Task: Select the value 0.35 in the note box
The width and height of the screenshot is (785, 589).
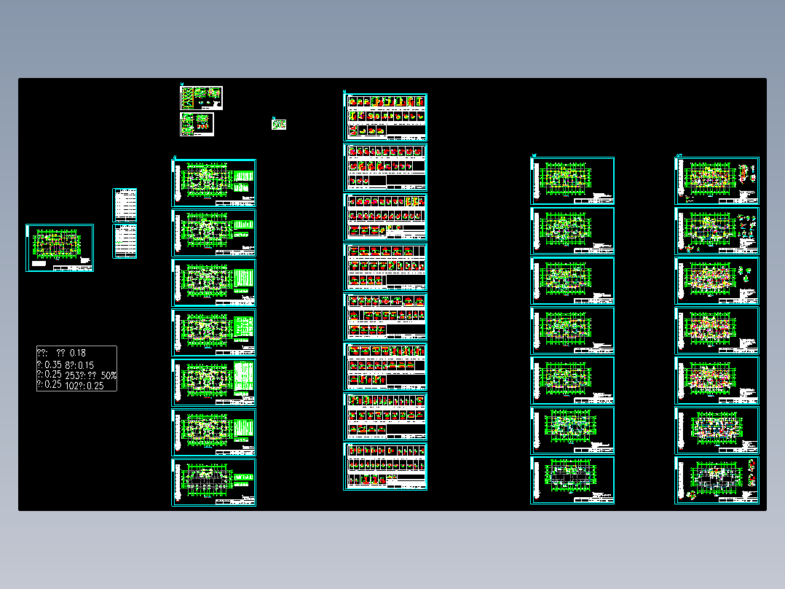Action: pos(52,364)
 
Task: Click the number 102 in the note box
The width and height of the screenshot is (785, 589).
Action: pos(72,386)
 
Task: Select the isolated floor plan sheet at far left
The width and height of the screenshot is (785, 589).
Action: pos(60,248)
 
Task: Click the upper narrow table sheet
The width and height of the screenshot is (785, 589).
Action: pos(125,205)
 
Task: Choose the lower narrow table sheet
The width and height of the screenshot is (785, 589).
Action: pos(125,241)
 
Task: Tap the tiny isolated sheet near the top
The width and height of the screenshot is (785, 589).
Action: pos(279,125)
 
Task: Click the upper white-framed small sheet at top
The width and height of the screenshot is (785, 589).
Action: pos(201,98)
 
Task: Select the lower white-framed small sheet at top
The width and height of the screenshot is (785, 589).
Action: pos(198,124)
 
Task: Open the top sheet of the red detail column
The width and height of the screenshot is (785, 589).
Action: pos(385,117)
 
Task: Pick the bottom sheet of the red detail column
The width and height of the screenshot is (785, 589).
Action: pos(385,467)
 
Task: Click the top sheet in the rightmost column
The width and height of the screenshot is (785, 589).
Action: pos(717,181)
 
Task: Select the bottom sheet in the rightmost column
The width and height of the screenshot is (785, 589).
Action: pos(717,480)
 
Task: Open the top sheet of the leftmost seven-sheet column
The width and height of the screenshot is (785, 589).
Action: pos(214,183)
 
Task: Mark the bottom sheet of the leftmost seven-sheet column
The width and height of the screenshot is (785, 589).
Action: pos(214,482)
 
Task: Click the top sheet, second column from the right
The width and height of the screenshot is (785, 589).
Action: pos(572,181)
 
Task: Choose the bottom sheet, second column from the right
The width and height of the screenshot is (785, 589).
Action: pos(572,480)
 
